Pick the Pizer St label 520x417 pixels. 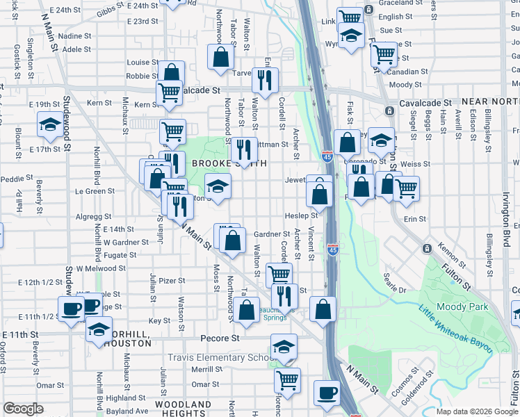click(172, 281)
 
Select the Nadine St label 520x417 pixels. click(76, 35)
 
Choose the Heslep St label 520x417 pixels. click(302, 216)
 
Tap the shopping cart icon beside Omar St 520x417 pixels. click(286, 379)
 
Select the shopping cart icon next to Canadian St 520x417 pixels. click(384, 54)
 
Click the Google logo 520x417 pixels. click(23, 409)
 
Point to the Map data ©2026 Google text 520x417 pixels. click(476, 411)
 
